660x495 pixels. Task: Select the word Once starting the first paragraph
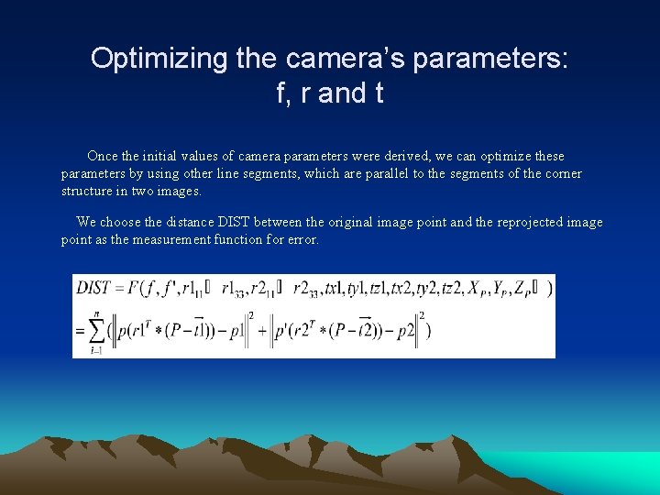click(x=104, y=156)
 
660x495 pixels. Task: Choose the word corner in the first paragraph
click(x=562, y=173)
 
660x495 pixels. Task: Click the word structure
click(x=88, y=192)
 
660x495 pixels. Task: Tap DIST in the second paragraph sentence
click(x=234, y=222)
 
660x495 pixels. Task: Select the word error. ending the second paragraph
click(x=302, y=239)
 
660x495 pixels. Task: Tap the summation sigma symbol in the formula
click(x=95, y=330)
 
